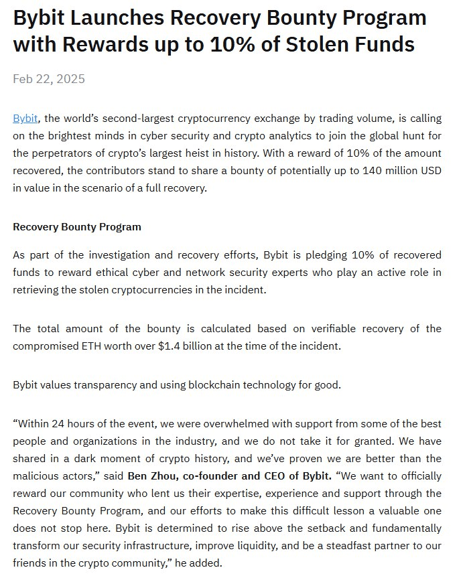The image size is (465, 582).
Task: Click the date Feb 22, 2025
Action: coord(49,79)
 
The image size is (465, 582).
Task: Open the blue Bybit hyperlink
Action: coord(25,118)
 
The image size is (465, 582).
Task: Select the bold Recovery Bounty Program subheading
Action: coord(77,226)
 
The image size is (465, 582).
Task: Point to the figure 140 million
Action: coord(377,170)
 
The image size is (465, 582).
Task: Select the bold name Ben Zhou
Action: coord(153,476)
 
